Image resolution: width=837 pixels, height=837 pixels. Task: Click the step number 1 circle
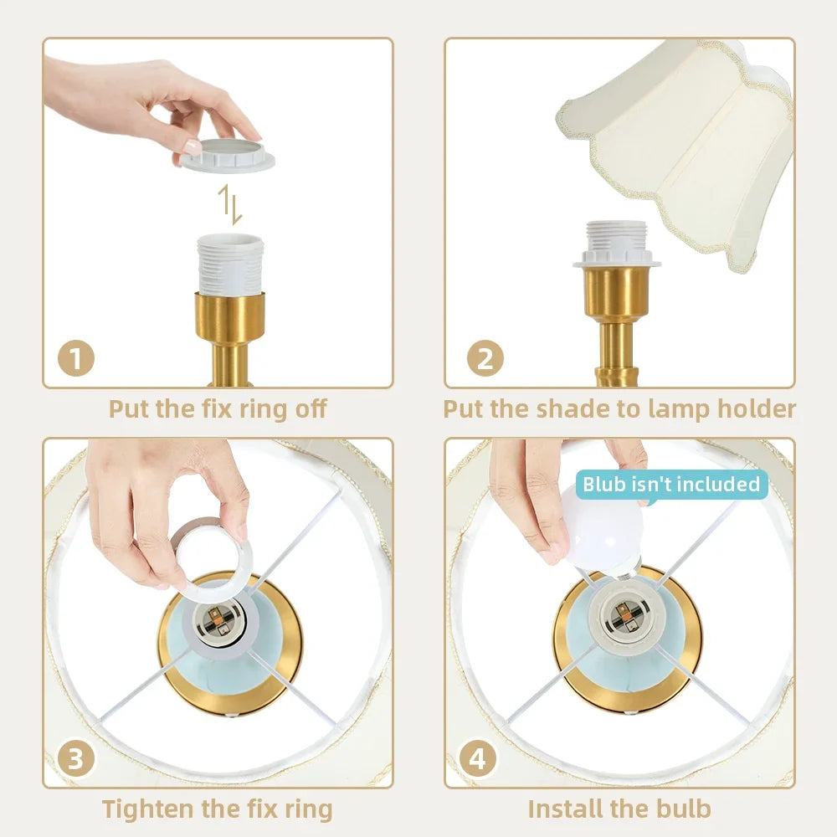click(76, 358)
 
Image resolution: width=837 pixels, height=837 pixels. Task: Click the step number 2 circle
click(485, 358)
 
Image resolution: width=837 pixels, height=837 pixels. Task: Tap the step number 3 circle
click(76, 758)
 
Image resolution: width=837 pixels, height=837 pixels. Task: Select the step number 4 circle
click(478, 758)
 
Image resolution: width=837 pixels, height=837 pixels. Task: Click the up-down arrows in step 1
click(230, 204)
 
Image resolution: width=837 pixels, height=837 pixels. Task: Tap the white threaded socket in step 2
click(617, 244)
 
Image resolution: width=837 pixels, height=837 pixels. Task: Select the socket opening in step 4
click(623, 614)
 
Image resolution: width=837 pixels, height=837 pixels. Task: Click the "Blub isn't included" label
click(671, 484)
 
